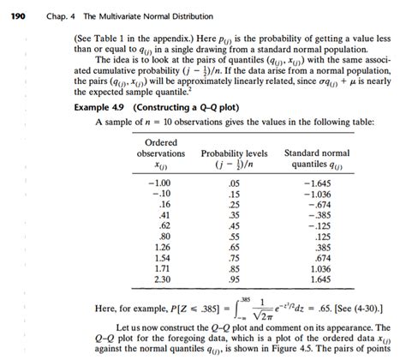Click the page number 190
[x=15, y=11]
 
